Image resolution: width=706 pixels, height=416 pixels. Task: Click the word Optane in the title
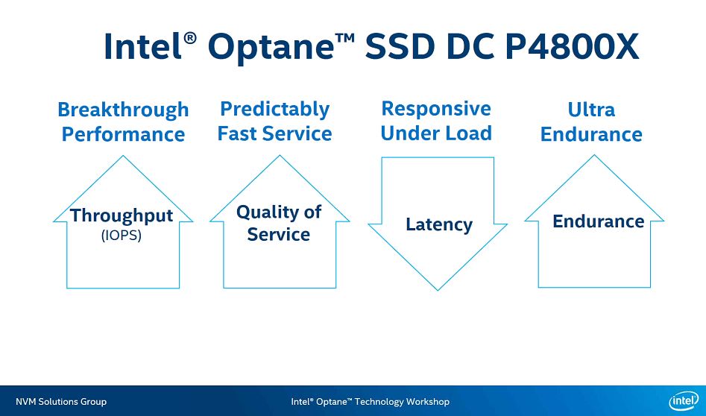tap(270, 47)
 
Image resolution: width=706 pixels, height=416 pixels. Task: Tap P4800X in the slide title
tap(572, 47)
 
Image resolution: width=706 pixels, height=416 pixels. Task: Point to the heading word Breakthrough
tap(123, 110)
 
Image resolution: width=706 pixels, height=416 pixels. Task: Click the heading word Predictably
tap(274, 110)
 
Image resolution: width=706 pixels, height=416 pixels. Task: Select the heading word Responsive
tap(436, 109)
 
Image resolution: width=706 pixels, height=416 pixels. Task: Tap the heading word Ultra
tap(591, 110)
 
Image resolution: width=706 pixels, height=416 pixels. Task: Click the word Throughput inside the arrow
tap(122, 216)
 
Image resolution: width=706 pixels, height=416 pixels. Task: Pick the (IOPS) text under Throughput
tap(121, 235)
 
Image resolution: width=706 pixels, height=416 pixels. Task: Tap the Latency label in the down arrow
tap(438, 224)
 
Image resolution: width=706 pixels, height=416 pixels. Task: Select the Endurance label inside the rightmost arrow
tap(598, 221)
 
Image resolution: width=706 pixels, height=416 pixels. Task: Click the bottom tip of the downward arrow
tap(438, 289)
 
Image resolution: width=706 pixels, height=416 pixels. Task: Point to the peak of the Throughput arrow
tap(123, 157)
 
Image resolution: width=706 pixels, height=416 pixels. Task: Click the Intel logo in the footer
tap(683, 401)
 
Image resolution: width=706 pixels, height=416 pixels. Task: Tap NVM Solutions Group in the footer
tap(61, 402)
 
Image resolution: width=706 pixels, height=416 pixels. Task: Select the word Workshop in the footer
tap(428, 402)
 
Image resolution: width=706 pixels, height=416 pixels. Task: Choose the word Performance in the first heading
tap(123, 135)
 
